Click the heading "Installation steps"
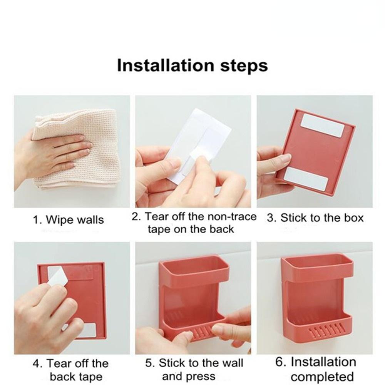point(192,65)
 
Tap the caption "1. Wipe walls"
point(68,220)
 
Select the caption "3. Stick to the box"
point(315,218)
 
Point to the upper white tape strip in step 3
point(321,125)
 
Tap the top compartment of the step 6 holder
point(317,266)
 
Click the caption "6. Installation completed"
point(315,369)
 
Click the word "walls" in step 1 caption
point(90,220)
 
